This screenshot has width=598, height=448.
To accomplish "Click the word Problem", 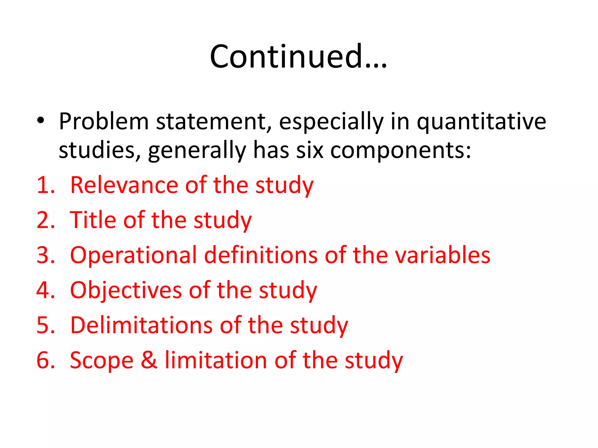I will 104,121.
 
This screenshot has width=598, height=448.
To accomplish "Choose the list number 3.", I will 46,255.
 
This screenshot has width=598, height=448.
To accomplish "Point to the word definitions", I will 260,255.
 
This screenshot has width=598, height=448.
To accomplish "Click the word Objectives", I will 126,290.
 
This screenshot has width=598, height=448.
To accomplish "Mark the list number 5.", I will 46,325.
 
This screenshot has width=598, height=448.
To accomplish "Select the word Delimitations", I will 141,325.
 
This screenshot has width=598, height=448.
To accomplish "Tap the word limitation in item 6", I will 216,360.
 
